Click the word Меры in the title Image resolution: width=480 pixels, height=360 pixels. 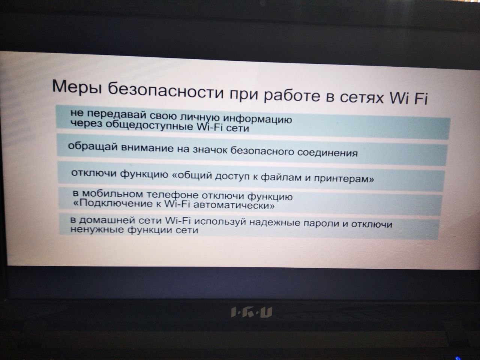tap(77, 87)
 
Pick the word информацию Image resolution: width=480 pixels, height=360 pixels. tap(257, 119)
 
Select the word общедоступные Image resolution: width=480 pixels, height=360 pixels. tap(149, 126)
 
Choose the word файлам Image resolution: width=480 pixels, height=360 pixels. tap(281, 177)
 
